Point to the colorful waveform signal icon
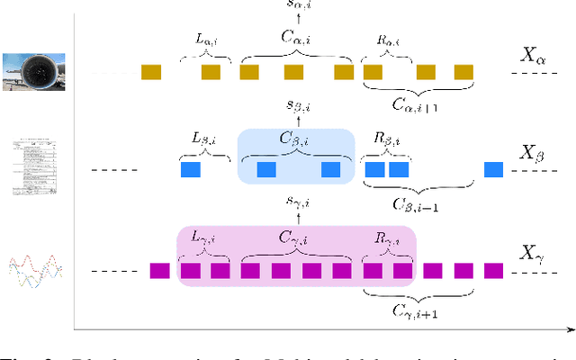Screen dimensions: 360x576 pyautogui.click(x=31, y=271)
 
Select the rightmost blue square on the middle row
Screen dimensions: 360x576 pyautogui.click(x=493, y=169)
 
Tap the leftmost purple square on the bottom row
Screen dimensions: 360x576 pyautogui.click(x=159, y=270)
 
